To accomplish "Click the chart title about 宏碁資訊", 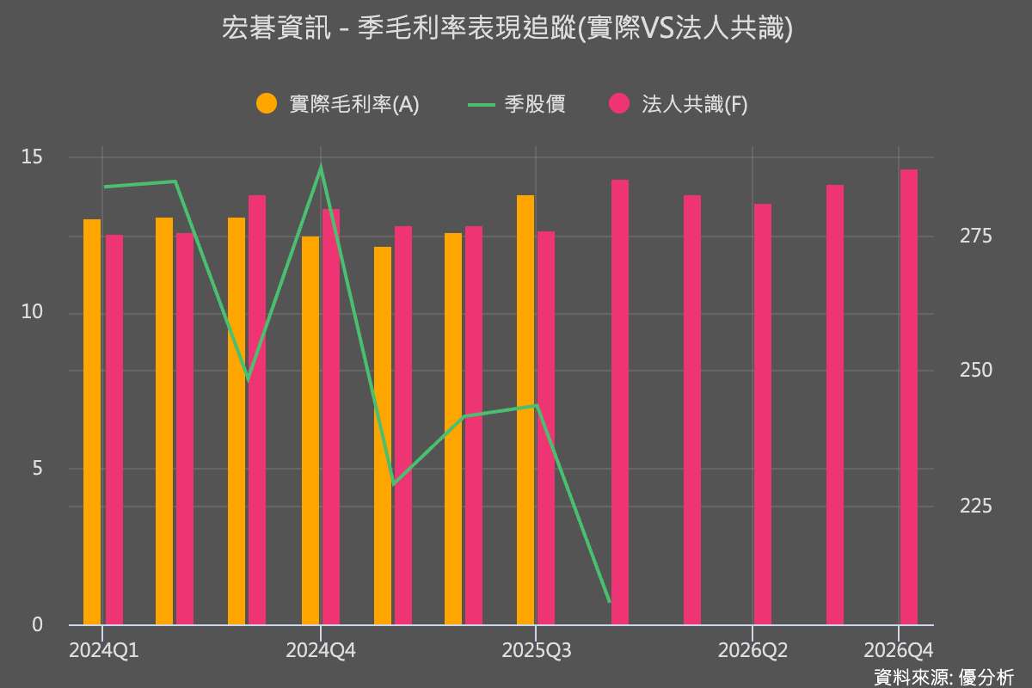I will (x=507, y=30).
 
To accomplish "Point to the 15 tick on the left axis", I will (x=32, y=157).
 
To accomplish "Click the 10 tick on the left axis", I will (x=32, y=313).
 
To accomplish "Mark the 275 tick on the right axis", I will (x=975, y=236).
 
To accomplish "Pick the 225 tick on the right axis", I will (x=975, y=507).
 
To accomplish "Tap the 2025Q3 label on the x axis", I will (x=537, y=651).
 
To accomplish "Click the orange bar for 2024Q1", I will (x=92, y=421).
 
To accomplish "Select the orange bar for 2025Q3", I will (x=525, y=409).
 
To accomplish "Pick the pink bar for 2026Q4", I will (x=908, y=396).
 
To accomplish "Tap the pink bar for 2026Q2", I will (x=763, y=414).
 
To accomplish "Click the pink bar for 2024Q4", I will (x=331, y=416).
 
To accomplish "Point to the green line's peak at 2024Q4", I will (x=321, y=167).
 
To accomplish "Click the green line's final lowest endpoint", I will (x=609, y=601).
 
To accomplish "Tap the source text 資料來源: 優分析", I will (x=943, y=676).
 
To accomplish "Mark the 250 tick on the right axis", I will (x=975, y=371).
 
